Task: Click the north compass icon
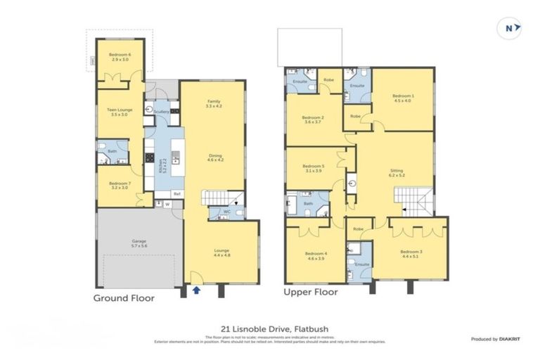point(511,27)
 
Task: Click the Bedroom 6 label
point(118,57)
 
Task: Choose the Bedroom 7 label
point(118,186)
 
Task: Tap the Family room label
point(214,103)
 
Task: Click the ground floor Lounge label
point(221,252)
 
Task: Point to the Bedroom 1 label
point(402,98)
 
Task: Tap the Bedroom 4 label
point(314,255)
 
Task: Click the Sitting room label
point(397,172)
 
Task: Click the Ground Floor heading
point(124,297)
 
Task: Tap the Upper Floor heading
point(310,292)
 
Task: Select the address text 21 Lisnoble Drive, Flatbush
point(270,328)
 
